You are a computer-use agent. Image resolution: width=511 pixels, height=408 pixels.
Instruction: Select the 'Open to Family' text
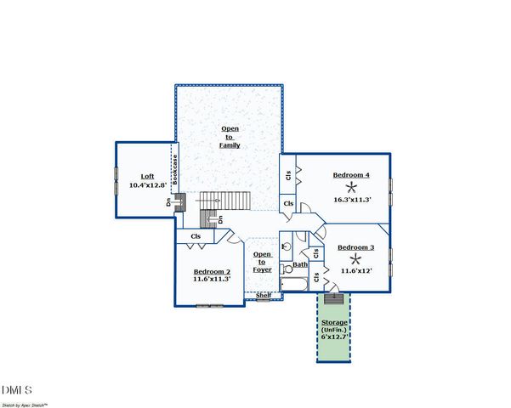pyautogui.click(x=230, y=137)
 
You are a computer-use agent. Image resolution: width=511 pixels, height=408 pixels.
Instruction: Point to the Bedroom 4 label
pyautogui.click(x=351, y=175)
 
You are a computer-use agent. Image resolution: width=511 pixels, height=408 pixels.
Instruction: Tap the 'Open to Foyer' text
pyautogui.click(x=263, y=262)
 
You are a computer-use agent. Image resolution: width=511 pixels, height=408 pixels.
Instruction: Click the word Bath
pyautogui.click(x=300, y=265)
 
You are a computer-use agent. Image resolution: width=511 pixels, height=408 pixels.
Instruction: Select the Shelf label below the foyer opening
pyautogui.click(x=264, y=295)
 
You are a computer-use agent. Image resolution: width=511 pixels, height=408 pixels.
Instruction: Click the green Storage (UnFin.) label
pyautogui.click(x=334, y=326)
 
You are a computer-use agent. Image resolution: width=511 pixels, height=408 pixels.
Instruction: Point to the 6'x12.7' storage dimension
pyautogui.click(x=334, y=337)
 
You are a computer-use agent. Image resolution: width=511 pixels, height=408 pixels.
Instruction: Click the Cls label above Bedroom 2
pyautogui.click(x=196, y=236)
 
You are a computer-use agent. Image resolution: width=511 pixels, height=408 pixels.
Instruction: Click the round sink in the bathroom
pyautogui.click(x=287, y=246)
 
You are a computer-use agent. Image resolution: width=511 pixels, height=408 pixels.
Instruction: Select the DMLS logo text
pyautogui.click(x=18, y=389)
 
